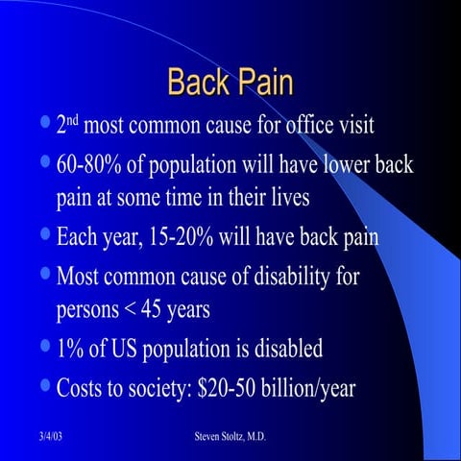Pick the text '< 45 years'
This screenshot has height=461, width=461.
click(177, 311)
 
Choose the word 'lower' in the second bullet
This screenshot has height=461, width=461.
click(343, 165)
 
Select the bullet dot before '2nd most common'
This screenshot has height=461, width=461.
click(47, 123)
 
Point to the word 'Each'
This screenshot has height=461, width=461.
click(83, 235)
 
